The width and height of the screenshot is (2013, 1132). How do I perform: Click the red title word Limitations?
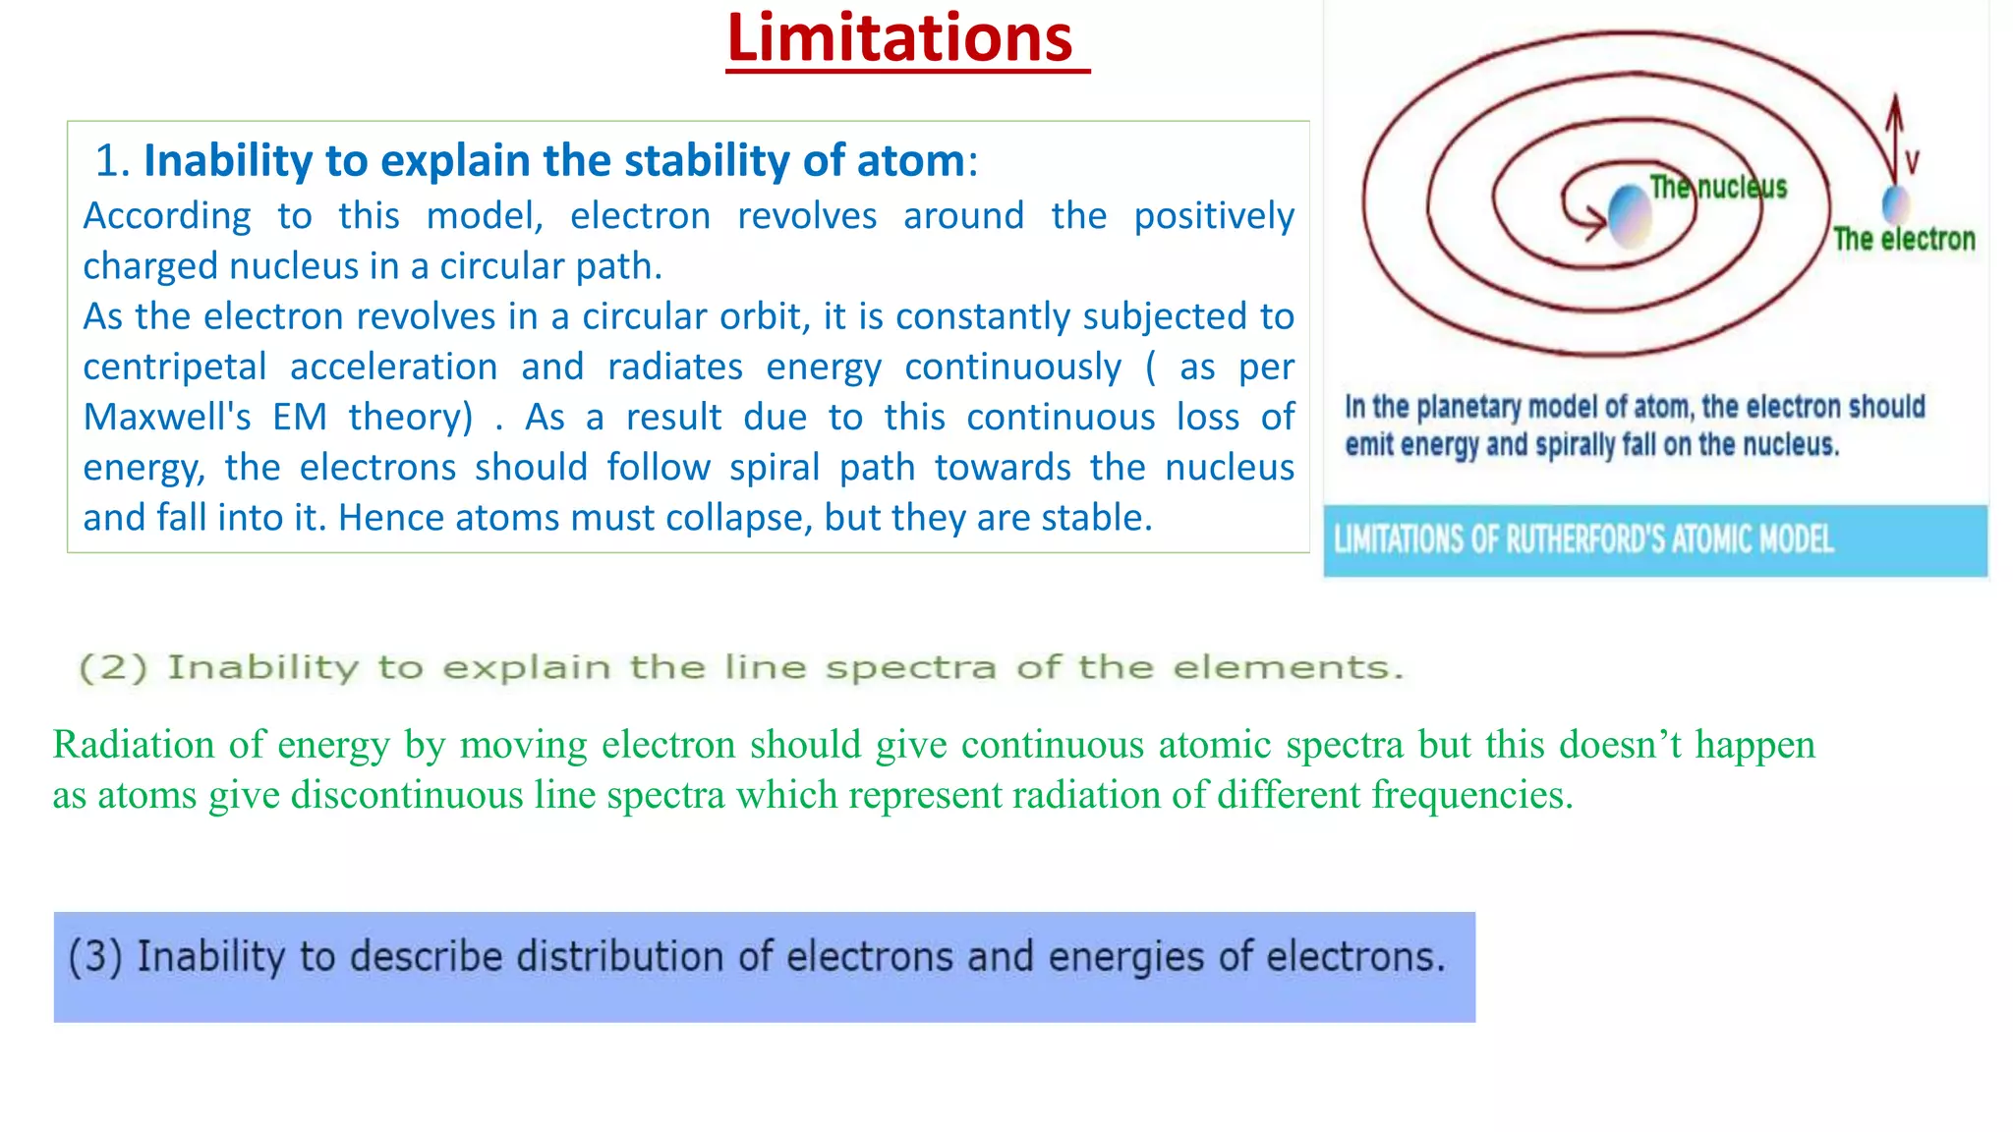pos(899,39)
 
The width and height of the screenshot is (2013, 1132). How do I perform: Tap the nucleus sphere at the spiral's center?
pos(1629,214)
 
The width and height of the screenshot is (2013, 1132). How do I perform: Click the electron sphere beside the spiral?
pos(1895,204)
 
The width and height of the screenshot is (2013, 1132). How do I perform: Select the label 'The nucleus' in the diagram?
pos(1718,187)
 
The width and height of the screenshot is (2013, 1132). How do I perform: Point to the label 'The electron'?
pos(1904,239)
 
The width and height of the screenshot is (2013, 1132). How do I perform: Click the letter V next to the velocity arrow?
pos(1912,162)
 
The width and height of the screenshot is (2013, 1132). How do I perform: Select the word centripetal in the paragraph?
pos(174,368)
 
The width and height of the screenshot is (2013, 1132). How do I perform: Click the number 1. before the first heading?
pos(112,160)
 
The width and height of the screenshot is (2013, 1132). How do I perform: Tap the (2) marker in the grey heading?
pos(113,668)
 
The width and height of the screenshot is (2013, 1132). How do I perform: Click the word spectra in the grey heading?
pos(910,668)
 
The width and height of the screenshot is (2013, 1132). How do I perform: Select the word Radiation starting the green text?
pos(134,745)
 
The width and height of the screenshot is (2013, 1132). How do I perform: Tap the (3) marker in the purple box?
pos(95,957)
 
